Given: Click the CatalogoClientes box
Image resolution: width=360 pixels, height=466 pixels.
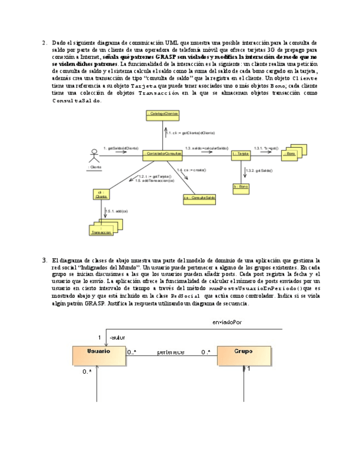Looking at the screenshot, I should click(x=163, y=114).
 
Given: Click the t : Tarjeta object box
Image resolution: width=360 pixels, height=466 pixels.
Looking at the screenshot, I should click(x=240, y=155).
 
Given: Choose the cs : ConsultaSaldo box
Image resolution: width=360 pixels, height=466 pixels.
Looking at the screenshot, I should click(x=200, y=197).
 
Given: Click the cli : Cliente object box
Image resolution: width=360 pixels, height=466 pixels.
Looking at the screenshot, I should click(x=101, y=193).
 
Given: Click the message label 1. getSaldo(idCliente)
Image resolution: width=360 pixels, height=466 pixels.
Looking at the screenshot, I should click(x=120, y=148).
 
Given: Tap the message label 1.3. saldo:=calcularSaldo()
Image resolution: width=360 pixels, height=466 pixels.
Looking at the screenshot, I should click(x=207, y=148).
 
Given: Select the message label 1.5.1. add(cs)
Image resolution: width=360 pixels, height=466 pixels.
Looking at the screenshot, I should click(x=117, y=211).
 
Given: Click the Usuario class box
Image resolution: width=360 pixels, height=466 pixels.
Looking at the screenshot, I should click(x=98, y=354).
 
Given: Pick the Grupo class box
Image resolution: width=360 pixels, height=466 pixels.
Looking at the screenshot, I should click(x=242, y=354).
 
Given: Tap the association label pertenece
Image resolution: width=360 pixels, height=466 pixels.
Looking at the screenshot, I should click(x=170, y=352).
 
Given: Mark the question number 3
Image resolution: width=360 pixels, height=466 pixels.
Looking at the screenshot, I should click(x=44, y=260).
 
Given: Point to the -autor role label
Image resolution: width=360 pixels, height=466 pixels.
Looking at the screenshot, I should click(x=117, y=337).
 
